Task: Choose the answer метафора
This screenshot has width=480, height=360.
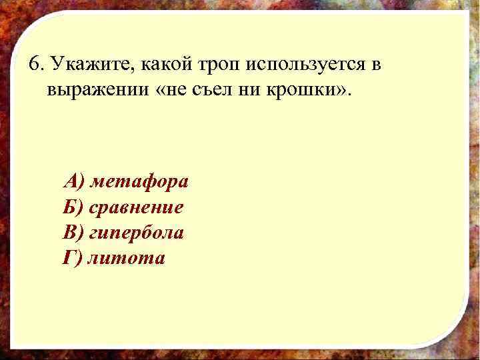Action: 139,181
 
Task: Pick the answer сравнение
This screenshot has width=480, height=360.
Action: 137,207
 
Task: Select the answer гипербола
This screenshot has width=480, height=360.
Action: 137,233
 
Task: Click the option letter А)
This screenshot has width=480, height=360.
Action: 73,181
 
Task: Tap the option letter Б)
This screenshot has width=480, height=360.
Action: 73,207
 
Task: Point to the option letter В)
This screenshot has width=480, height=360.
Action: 73,233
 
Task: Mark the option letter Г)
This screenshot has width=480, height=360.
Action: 72,258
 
